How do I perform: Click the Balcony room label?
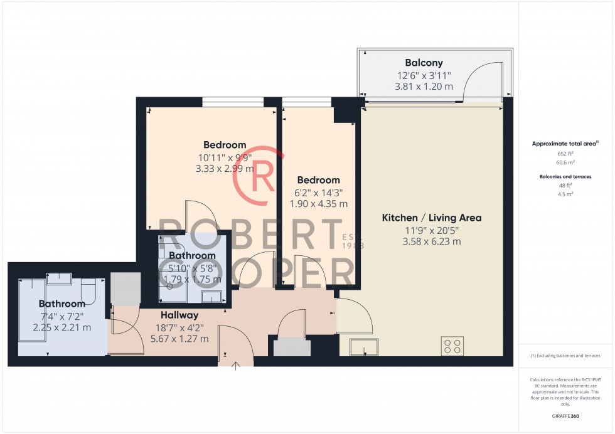click(x=424, y=63)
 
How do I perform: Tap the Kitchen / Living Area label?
click(x=432, y=218)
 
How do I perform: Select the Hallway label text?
click(x=179, y=315)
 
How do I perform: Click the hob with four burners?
click(x=452, y=346)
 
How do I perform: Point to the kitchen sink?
click(x=364, y=347)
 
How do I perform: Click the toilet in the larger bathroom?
click(x=88, y=290)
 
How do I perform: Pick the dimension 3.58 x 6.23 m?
click(x=432, y=241)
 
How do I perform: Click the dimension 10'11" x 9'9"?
click(x=224, y=157)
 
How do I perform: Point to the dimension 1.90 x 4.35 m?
click(x=318, y=204)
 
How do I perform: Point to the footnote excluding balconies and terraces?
click(x=565, y=356)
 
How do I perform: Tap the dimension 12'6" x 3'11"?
click(x=424, y=75)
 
